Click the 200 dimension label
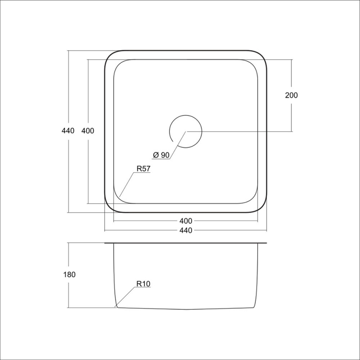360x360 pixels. (291, 95)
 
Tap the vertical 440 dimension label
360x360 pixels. (68, 130)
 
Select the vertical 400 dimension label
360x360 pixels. (88, 130)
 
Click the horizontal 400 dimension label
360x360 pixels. (186, 221)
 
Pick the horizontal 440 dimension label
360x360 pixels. (186, 230)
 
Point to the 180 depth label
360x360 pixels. (69, 274)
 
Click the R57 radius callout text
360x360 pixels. (144, 169)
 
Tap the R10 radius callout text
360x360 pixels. (144, 284)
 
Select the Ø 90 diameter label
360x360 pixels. (161, 155)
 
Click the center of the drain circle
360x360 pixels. (186, 132)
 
